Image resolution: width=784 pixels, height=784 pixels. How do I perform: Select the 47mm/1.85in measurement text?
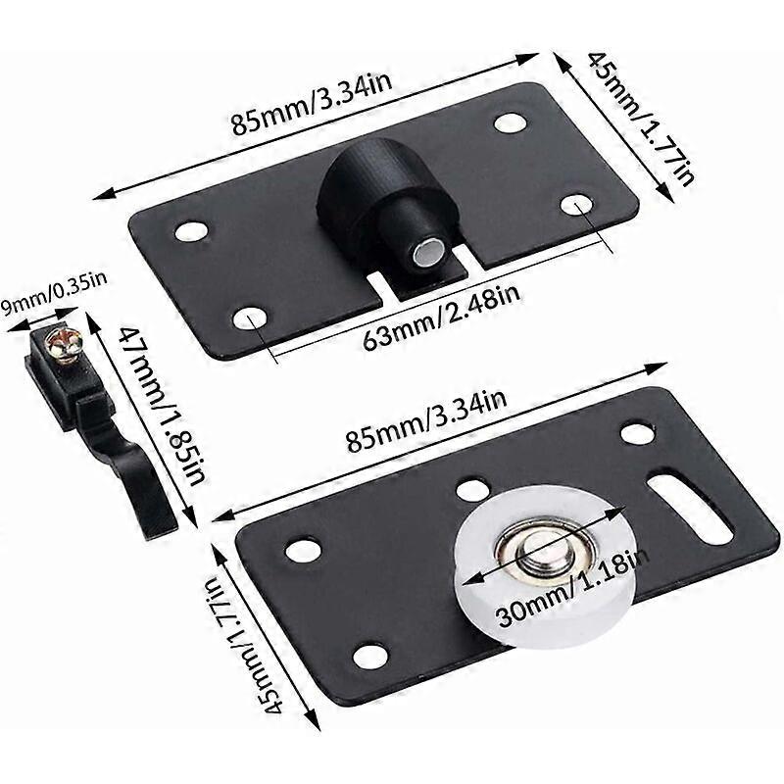pos(167,403)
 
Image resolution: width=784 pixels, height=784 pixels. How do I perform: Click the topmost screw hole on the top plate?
pos(510,122)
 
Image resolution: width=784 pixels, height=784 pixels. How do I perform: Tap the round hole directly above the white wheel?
pos(473,488)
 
